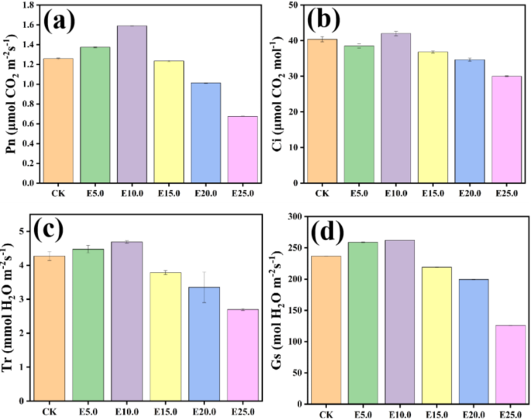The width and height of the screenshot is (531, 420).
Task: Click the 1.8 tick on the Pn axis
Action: pyautogui.click(x=29, y=5)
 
